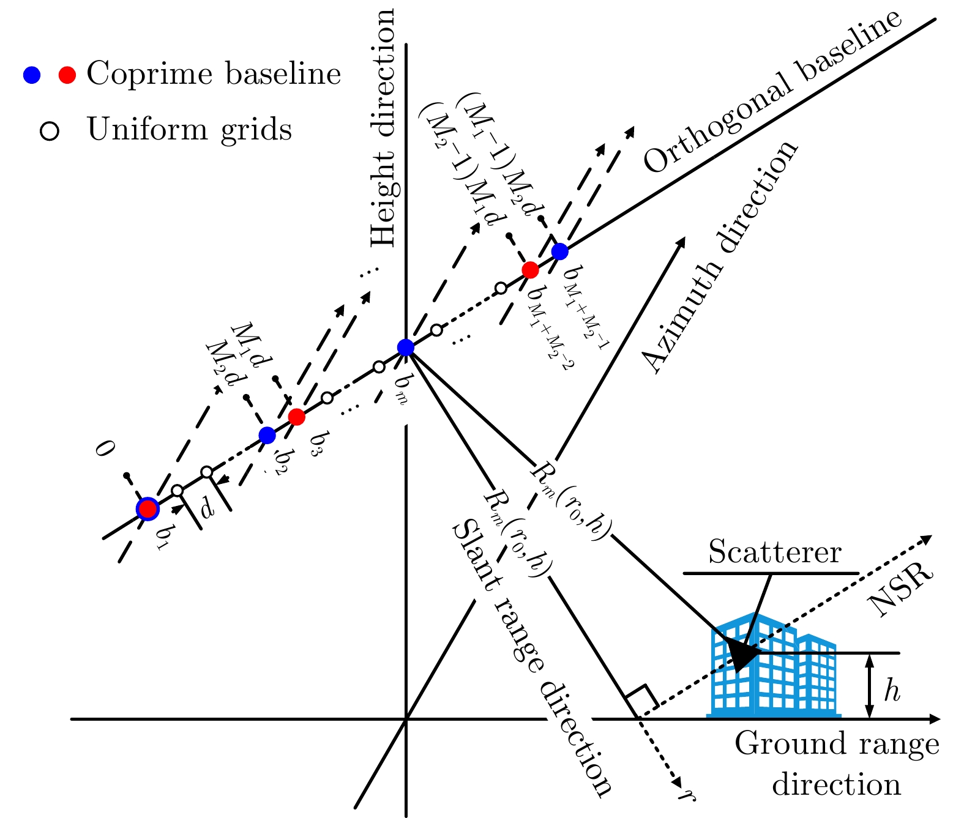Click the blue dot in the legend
[x=32, y=75]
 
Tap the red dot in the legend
[x=67, y=75]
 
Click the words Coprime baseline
[x=214, y=75]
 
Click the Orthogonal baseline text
[x=772, y=92]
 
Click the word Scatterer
[x=774, y=553]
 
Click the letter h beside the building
[x=892, y=691]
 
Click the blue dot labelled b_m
[x=406, y=348]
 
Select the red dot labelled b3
[x=296, y=417]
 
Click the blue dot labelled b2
[x=267, y=435]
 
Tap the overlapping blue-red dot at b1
[x=147, y=508]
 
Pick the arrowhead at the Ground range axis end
[x=934, y=719]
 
